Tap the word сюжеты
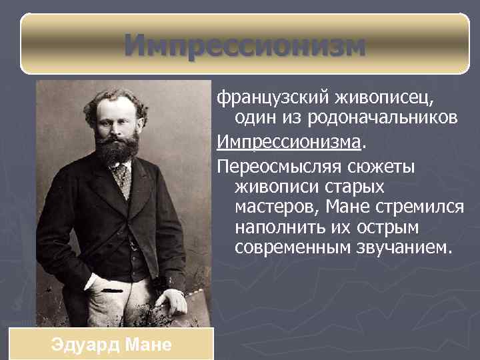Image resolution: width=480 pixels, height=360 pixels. point(380,165)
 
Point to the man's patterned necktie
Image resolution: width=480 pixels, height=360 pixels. point(121,178)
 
